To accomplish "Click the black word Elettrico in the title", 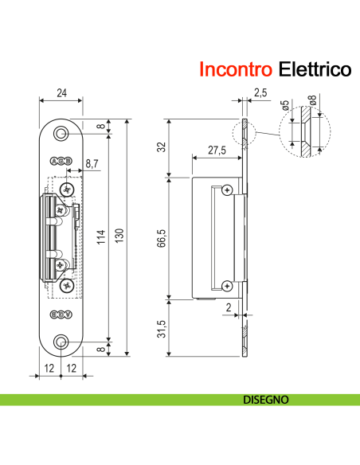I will pos(315,69).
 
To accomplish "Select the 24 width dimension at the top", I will pos(61,93).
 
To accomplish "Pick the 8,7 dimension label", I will pos(92,162).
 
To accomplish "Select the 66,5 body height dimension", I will pos(162,238).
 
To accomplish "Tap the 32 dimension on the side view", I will pos(162,147).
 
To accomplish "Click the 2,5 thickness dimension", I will pos(260,93).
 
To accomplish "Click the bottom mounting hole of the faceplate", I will pos(61,342).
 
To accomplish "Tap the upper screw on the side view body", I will pos(228,190).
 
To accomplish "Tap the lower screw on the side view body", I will pos(228,285).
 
